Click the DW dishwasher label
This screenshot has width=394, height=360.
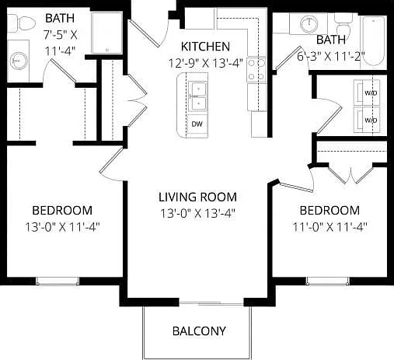pyautogui.click(x=197, y=124)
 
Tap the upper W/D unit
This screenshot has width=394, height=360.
pyautogui.click(x=367, y=92)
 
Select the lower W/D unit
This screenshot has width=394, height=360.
pyautogui.click(x=367, y=120)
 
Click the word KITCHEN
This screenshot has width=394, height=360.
pyautogui.click(x=205, y=47)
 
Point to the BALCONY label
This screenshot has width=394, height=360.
pyautogui.click(x=199, y=331)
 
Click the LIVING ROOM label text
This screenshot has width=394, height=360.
pyautogui.click(x=197, y=197)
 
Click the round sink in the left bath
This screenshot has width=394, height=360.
pyautogui.click(x=18, y=61)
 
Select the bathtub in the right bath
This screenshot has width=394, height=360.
pyautogui.click(x=373, y=41)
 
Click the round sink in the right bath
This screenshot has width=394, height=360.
pyautogui.click(x=309, y=24)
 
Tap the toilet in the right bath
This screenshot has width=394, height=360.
pyautogui.click(x=343, y=24)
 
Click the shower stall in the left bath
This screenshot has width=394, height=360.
pyautogui.click(x=107, y=33)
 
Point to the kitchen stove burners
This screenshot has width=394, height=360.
pyautogui.click(x=256, y=70)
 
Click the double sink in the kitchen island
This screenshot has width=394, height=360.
pyautogui.click(x=198, y=96)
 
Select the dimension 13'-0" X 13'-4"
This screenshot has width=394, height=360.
pyautogui.click(x=197, y=214)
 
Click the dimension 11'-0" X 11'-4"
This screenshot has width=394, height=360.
pyautogui.click(x=329, y=227)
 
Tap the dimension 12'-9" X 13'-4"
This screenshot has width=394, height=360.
pyautogui.click(x=206, y=63)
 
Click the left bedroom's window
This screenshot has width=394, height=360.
pyautogui.click(x=58, y=281)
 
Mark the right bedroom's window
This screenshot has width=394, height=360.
pyautogui.click(x=328, y=281)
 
